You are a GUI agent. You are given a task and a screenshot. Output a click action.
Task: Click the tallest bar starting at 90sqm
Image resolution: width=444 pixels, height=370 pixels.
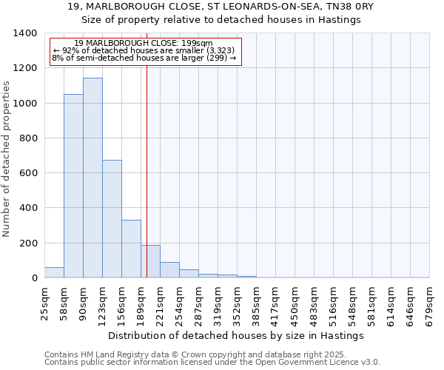pos(92,178)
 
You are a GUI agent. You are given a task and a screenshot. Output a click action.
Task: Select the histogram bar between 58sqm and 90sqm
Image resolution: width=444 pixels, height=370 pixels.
pos(73,186)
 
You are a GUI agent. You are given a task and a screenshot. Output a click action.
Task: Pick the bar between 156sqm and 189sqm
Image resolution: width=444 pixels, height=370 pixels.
pos(131,249)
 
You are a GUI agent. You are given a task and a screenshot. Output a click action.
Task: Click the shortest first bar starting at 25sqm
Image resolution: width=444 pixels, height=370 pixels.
pos(54,272)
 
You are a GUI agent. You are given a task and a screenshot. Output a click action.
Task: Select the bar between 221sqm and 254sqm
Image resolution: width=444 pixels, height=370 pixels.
pos(169,270)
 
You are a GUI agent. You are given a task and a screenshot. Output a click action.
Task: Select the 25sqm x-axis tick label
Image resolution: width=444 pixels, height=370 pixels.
pos(44,304)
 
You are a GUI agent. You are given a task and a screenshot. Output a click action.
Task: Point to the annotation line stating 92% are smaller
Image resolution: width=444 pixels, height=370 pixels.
pos(144,50)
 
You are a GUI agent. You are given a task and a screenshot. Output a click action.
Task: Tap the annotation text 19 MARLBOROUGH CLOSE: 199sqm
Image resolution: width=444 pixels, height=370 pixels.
pos(144,43)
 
